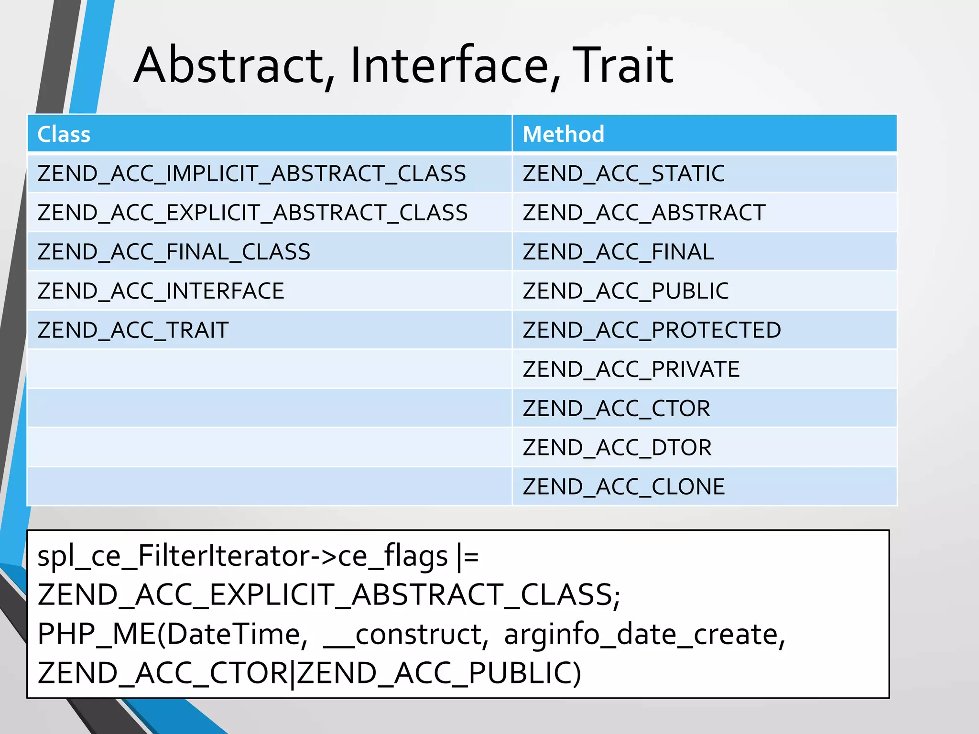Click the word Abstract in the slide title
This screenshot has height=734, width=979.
click(229, 65)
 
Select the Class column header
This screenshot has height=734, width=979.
click(64, 134)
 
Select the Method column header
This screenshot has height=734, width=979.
click(563, 134)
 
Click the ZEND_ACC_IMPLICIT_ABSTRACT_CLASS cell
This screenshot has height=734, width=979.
click(251, 173)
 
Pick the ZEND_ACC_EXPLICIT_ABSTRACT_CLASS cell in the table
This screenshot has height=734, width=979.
click(252, 213)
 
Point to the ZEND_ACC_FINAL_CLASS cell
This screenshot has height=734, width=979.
click(174, 252)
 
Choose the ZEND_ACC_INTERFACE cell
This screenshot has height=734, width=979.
click(161, 291)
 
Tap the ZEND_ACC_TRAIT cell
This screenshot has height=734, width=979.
click(133, 330)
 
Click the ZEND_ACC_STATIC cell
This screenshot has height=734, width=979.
click(623, 173)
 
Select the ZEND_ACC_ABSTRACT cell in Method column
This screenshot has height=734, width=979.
click(644, 213)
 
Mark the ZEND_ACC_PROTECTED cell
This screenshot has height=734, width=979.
click(652, 330)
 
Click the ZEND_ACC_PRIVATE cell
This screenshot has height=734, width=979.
click(631, 369)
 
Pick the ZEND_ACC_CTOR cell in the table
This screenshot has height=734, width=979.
click(616, 409)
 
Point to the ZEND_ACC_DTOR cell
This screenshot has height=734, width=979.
click(617, 448)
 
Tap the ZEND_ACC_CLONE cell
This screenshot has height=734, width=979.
click(623, 487)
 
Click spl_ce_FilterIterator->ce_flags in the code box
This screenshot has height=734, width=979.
click(242, 556)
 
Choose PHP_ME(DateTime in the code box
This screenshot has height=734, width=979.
click(172, 635)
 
